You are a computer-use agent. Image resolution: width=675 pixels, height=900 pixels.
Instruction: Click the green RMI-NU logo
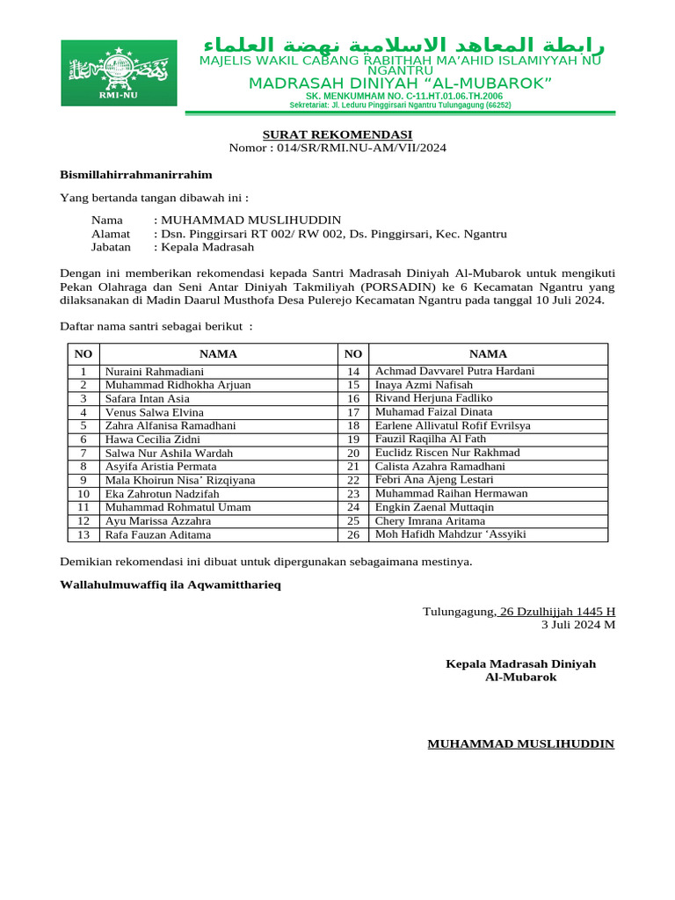click(118, 73)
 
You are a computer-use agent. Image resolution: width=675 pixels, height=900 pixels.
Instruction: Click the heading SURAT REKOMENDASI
click(337, 134)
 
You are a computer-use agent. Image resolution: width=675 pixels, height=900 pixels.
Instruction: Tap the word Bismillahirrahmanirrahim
click(135, 175)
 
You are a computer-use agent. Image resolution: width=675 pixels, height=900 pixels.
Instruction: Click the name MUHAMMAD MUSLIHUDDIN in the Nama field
click(250, 220)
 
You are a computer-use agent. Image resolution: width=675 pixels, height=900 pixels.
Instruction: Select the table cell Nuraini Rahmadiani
click(155, 372)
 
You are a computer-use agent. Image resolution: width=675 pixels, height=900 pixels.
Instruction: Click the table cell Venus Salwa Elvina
click(155, 412)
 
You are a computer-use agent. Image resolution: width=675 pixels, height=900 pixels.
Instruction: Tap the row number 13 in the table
click(83, 534)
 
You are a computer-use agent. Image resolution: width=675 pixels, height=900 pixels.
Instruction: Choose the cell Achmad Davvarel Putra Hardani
click(454, 371)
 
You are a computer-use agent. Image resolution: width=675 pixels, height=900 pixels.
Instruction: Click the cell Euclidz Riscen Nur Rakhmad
click(447, 453)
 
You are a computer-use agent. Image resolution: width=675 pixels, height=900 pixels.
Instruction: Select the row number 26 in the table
click(353, 534)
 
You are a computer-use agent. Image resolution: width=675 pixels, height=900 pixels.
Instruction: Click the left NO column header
click(83, 354)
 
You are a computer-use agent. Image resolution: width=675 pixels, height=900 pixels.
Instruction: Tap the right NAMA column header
click(488, 354)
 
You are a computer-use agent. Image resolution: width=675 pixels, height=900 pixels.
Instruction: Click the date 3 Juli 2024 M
click(577, 625)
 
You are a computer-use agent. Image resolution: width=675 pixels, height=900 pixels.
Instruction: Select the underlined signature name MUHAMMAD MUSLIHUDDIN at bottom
click(520, 744)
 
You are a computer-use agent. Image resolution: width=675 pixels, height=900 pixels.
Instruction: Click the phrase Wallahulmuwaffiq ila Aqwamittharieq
click(171, 584)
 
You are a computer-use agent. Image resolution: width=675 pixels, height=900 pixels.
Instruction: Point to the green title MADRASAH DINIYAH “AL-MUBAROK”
click(400, 83)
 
